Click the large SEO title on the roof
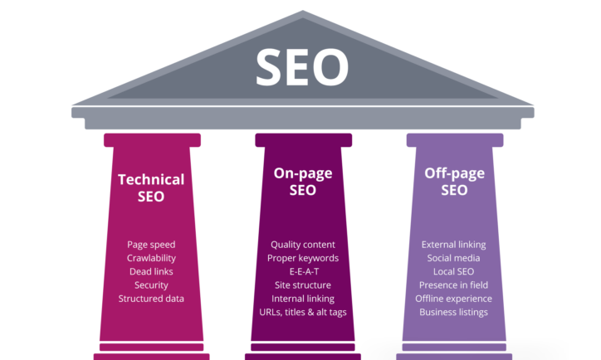pos(302,66)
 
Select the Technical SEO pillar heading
pos(151,187)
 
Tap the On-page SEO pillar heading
pos(303,182)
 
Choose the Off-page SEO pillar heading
pos(454,182)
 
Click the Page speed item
pos(151,245)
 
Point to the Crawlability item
pos(151,258)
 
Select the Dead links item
pos(151,271)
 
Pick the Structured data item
pos(151,299)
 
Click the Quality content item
pos(303,245)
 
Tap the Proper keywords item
pos(303,258)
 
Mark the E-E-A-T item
pos(304,271)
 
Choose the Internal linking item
pos(303,299)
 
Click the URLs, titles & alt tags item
pos(303,312)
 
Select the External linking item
pos(453,245)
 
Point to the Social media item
pos(453,258)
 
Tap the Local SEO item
pos(453,271)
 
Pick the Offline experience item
pos(453,299)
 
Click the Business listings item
pos(453,312)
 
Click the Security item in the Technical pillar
pos(151,285)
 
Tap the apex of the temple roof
pos(303,11)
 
